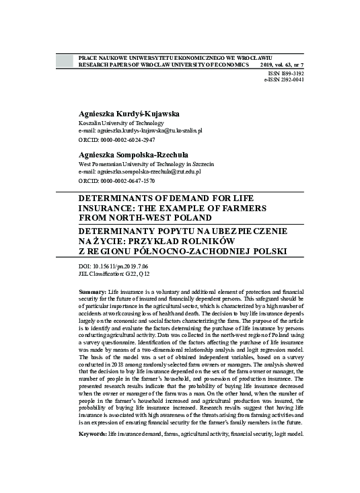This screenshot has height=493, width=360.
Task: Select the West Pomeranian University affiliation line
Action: click(x=146, y=163)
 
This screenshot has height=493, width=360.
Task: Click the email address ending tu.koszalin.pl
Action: click(x=145, y=130)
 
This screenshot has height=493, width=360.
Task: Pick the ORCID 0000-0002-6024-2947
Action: click(x=117, y=140)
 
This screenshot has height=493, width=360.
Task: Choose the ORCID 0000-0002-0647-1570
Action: click(x=117, y=181)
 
